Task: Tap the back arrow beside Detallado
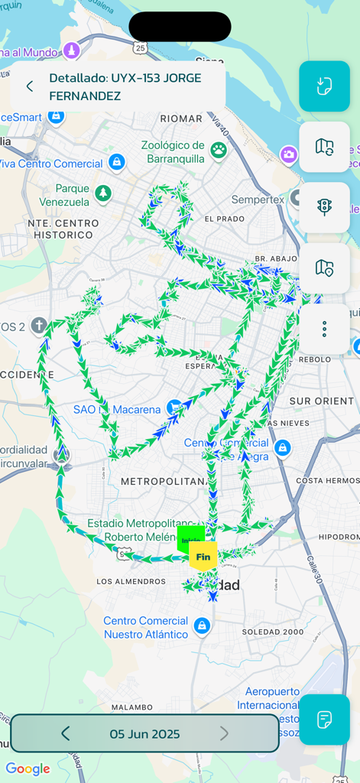tap(30, 86)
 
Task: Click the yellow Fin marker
tap(203, 556)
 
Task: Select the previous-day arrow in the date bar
tap(65, 734)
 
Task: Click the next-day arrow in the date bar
tap(224, 734)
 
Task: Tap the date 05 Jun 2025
tap(144, 734)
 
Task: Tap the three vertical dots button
tap(324, 329)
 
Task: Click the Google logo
tap(28, 768)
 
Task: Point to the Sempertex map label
tap(258, 200)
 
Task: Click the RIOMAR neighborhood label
tap(181, 119)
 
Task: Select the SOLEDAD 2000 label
tap(273, 632)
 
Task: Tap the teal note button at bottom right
tap(324, 720)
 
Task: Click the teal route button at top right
tap(324, 86)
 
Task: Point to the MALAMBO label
tap(131, 707)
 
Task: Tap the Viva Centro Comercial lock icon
tap(117, 162)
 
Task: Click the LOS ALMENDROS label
tap(131, 582)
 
